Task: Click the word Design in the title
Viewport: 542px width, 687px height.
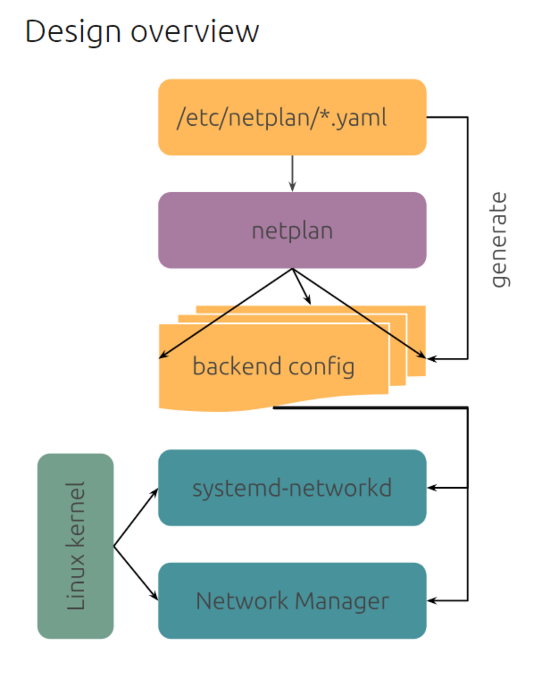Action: pos(73,32)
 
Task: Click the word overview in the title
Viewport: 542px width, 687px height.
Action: pos(195,32)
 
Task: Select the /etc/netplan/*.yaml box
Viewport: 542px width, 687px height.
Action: pos(292,117)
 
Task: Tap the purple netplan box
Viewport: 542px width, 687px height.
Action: pos(292,230)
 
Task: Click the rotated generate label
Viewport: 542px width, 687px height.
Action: pos(499,240)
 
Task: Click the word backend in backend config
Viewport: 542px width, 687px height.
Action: pos(237,366)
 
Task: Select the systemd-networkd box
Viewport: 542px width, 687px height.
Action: pos(292,488)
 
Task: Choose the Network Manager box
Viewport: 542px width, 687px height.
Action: pos(292,601)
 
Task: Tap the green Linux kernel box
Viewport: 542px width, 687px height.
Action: pos(75,546)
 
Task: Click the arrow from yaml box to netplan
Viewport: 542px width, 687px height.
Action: pos(292,173)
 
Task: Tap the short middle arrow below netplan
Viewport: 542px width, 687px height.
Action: pos(302,287)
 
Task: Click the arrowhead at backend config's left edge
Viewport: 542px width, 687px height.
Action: pos(163,355)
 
